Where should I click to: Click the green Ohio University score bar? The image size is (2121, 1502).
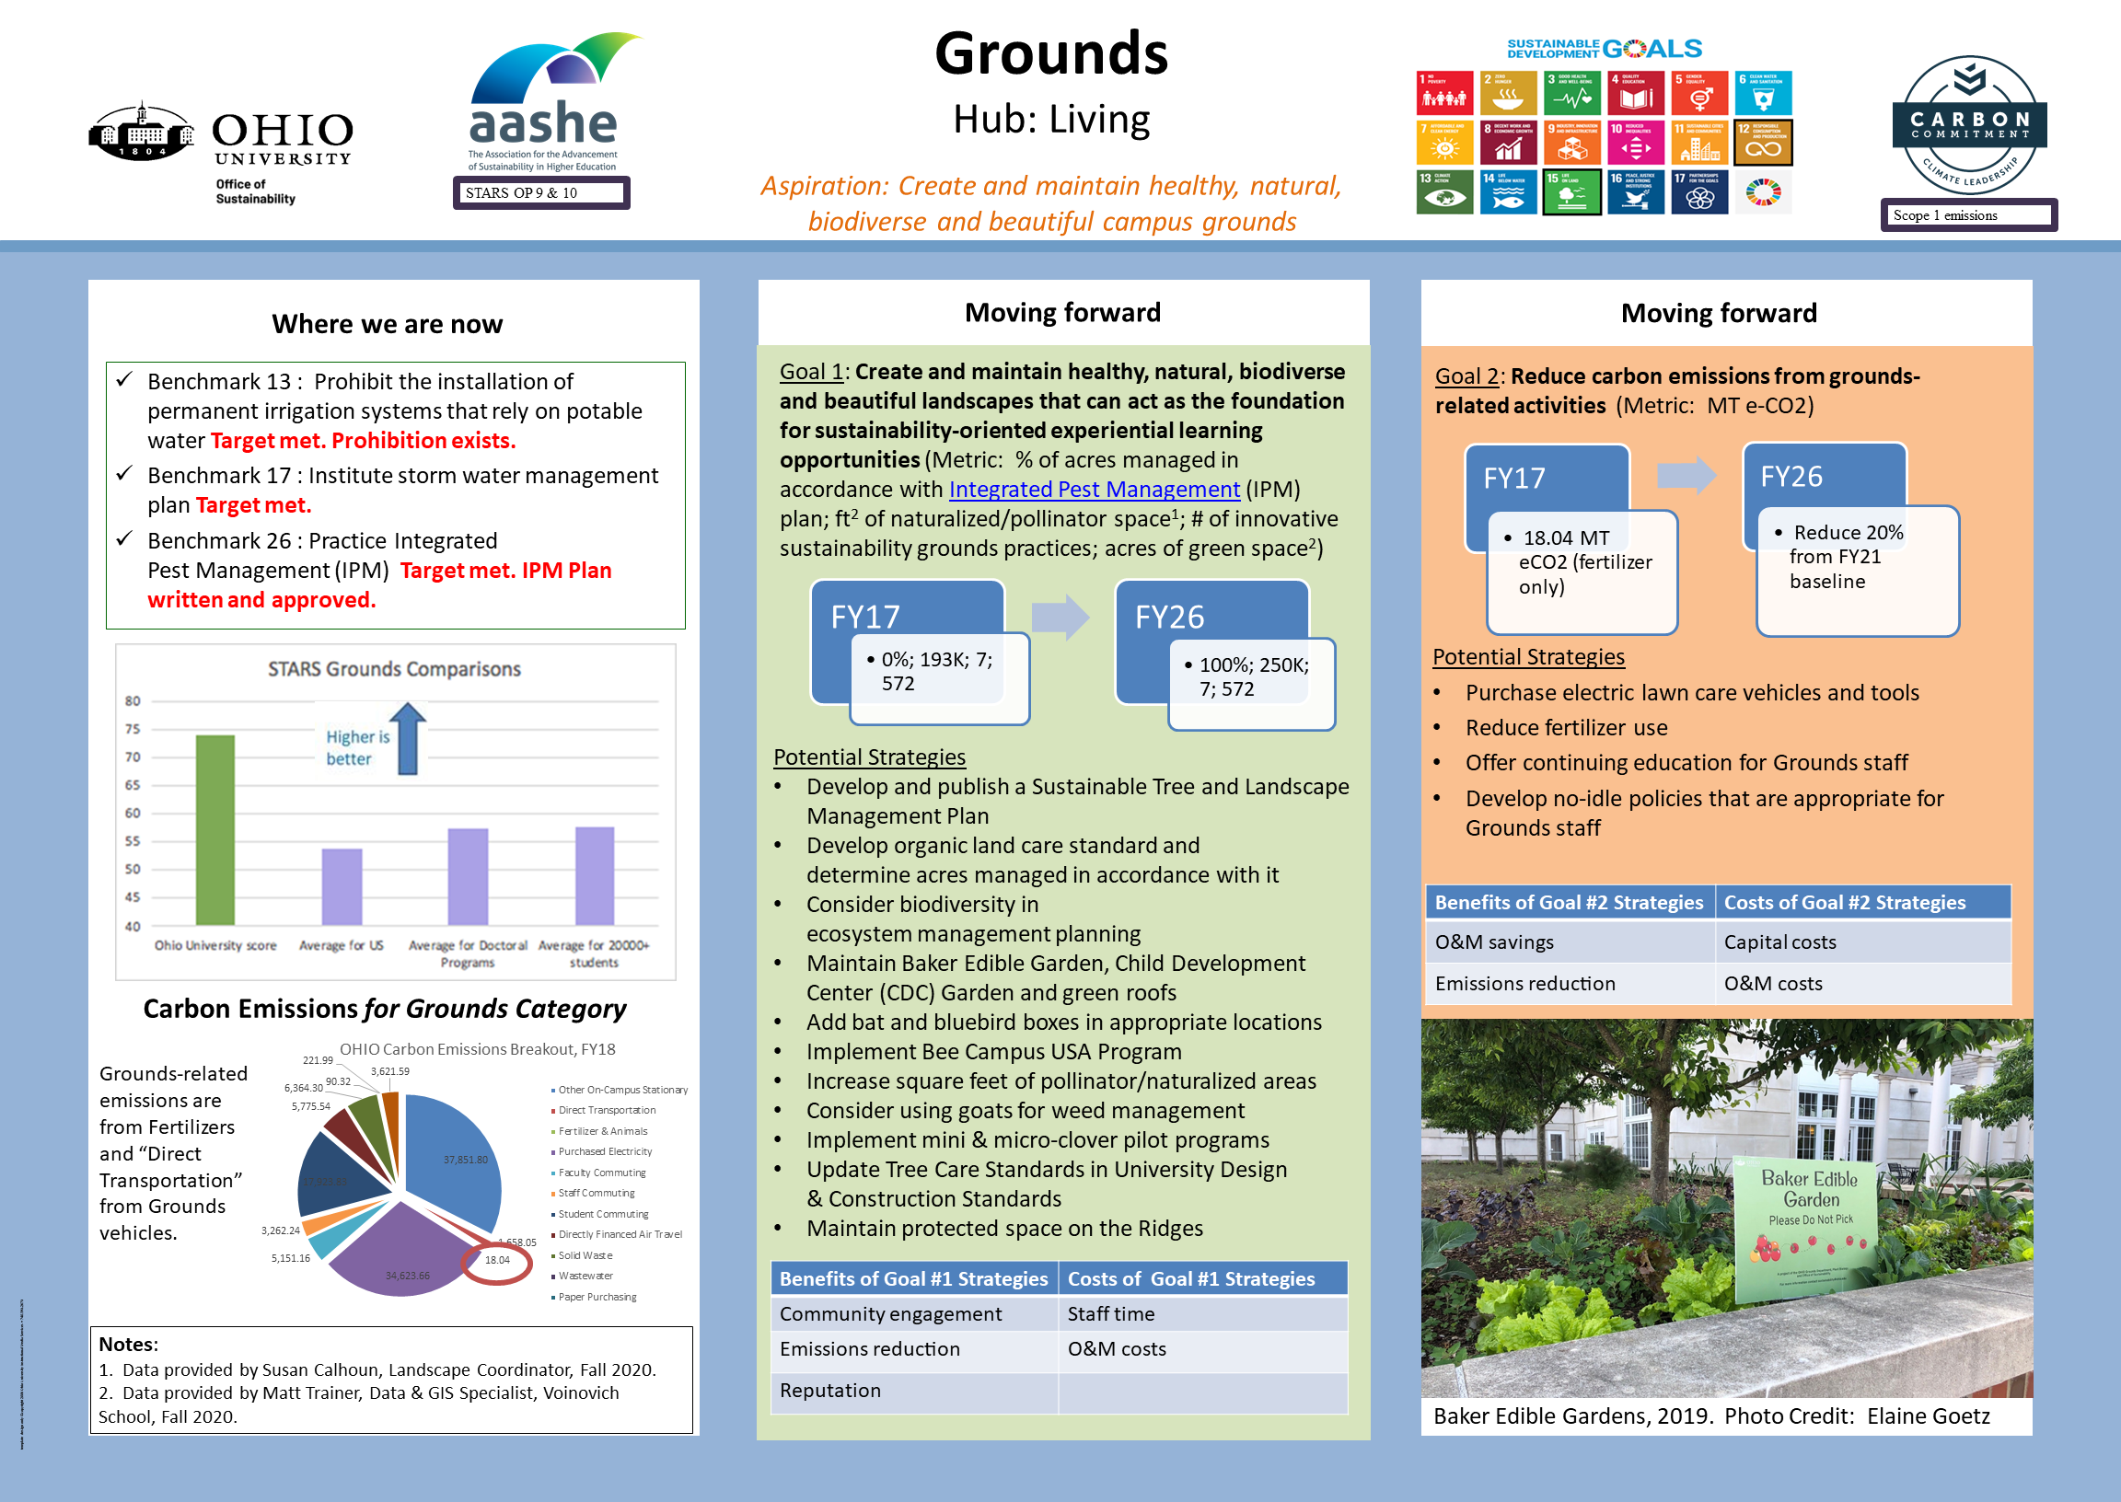coord(214,829)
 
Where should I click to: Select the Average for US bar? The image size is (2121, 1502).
coord(342,886)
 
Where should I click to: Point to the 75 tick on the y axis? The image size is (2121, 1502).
coord(133,729)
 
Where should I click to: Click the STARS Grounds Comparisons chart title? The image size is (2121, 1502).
coord(394,669)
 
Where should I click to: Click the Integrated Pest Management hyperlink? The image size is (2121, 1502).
coord(1094,490)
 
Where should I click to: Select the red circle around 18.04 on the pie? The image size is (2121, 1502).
coord(497,1263)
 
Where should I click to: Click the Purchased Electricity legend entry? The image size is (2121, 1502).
coord(604,1151)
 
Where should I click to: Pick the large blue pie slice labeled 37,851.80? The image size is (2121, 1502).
coord(453,1156)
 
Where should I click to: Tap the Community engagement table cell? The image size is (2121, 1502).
coord(890,1313)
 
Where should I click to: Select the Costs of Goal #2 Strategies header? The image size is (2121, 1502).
coord(1845,902)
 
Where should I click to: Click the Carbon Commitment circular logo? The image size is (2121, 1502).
coord(1969,125)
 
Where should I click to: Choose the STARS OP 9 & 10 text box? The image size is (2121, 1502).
coord(541,193)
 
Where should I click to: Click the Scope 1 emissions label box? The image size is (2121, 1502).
coord(1968,215)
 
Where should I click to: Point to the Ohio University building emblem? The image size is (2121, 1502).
coord(141,132)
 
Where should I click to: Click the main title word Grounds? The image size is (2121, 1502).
coord(1051,53)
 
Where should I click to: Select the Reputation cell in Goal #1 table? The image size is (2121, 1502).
coord(829,1390)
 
